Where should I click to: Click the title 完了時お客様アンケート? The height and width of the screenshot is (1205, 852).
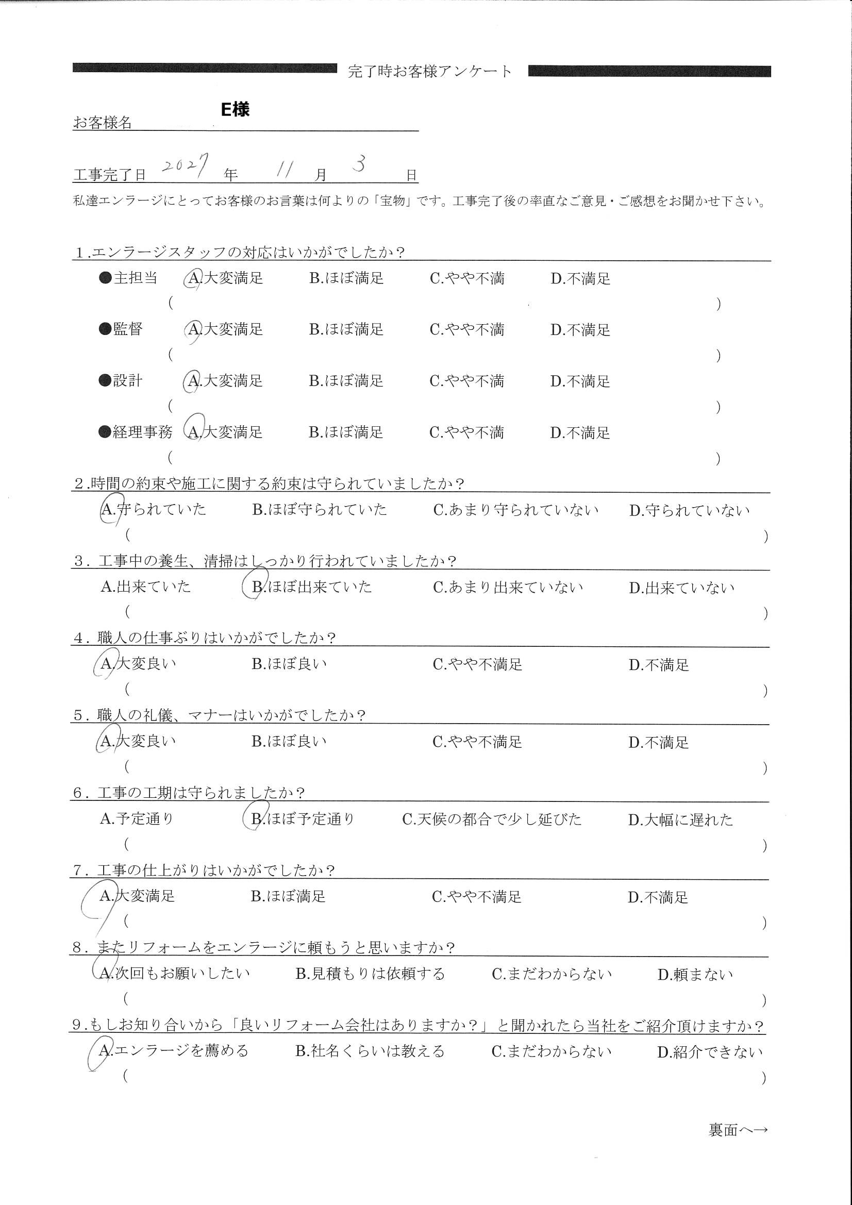coord(429,71)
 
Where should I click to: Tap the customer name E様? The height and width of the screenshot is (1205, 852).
coord(235,109)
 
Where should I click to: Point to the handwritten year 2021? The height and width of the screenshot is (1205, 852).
coord(186,165)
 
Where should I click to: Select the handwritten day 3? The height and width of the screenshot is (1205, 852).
coord(360,164)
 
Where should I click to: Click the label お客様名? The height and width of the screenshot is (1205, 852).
coord(103,123)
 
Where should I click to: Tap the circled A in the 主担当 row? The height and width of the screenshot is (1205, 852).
coord(194,278)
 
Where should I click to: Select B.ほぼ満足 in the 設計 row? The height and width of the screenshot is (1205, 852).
coord(346,381)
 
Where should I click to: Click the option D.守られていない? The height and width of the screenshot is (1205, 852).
coord(689,510)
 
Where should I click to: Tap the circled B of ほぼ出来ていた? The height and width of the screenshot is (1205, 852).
coord(256,586)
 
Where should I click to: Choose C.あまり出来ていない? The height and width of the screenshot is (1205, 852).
coord(508,587)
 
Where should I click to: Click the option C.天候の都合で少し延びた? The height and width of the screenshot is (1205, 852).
coord(491,819)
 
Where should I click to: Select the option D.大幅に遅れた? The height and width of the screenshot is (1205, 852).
coord(680,820)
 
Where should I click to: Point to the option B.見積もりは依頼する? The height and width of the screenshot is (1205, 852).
coord(370,974)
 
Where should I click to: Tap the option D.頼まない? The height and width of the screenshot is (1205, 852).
coord(694,975)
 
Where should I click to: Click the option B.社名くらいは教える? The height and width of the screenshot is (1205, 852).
coord(370,1051)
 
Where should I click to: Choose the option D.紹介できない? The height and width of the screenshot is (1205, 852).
coord(709,1052)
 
